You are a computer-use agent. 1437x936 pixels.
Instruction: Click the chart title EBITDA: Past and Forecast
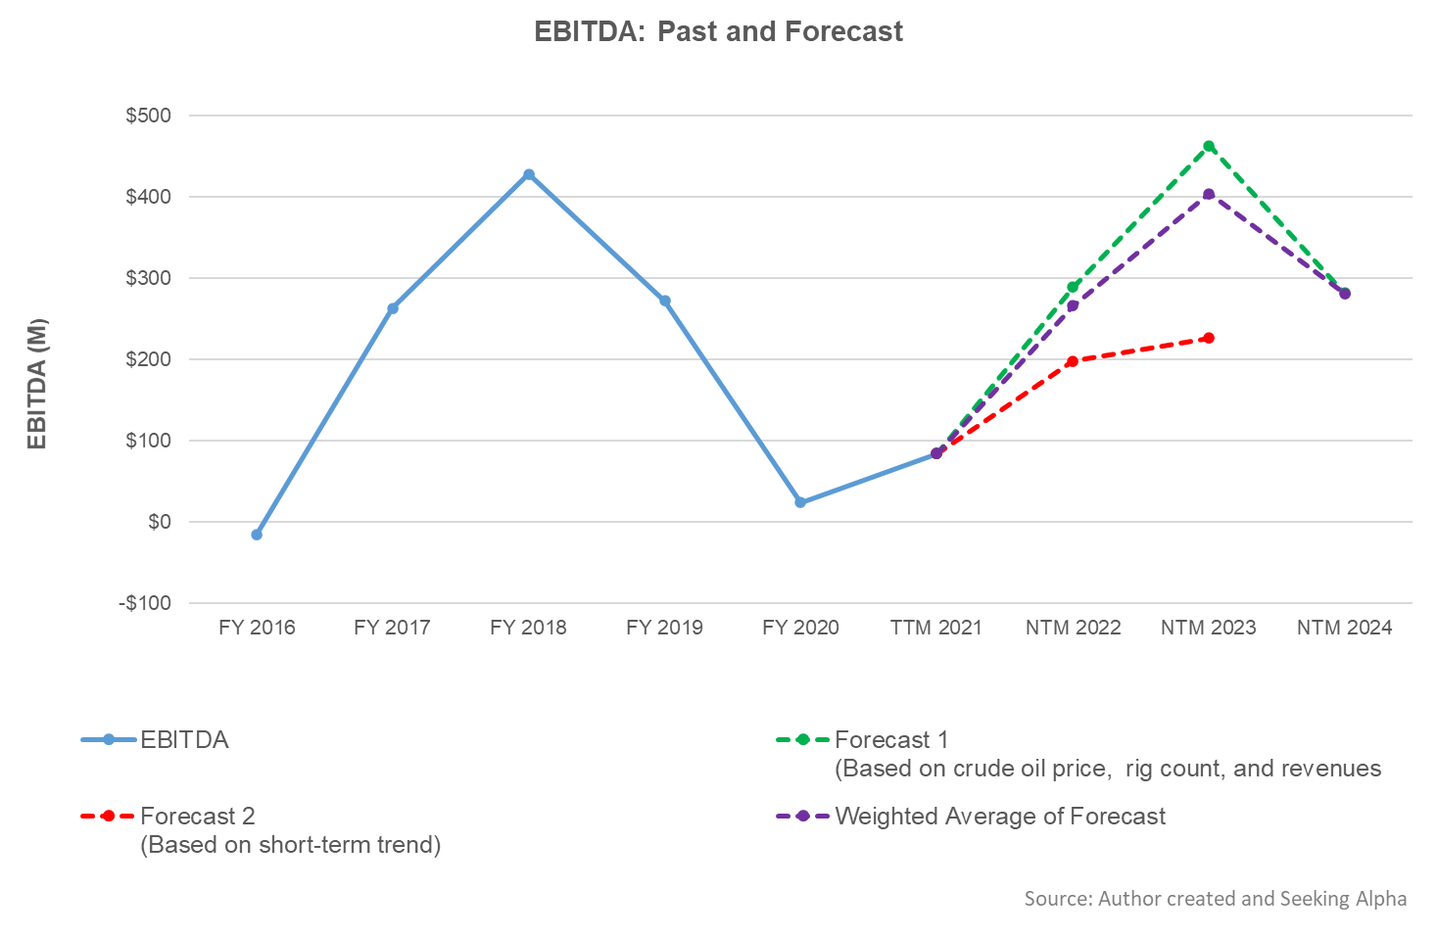pos(718,31)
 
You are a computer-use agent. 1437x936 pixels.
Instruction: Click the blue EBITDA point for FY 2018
pos(529,174)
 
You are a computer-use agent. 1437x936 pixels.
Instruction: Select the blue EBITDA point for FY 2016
pos(257,535)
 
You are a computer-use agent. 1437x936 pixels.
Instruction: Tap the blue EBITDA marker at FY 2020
pos(800,502)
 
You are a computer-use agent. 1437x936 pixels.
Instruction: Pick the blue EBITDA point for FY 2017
pos(393,308)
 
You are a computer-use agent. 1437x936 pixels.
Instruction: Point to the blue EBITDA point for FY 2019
pos(665,301)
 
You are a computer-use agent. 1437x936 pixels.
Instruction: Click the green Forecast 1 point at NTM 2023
pos(1209,146)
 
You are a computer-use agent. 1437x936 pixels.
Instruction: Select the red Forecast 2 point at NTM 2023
pos(1209,338)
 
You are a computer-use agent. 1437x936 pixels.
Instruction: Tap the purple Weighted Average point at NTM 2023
pos(1209,194)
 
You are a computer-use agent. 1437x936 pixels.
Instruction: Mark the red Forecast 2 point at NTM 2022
pos(1073,361)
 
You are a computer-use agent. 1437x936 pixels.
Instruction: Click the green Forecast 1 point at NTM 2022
pos(1073,287)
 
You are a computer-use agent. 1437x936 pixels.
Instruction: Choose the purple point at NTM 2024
pos(1345,294)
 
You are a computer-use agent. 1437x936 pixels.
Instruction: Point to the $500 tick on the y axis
pos(148,116)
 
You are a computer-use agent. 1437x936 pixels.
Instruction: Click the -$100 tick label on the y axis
pos(145,603)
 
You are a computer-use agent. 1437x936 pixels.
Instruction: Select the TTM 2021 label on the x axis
pos(935,628)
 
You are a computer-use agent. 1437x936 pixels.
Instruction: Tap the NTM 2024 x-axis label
pos(1344,628)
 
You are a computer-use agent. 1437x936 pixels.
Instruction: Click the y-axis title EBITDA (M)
pos(37,384)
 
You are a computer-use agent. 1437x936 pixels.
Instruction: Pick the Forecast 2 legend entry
pos(197,817)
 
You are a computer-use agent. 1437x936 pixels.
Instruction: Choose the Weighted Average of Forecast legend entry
pos(999,817)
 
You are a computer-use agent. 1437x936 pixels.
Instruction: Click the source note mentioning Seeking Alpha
pos(1215,899)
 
